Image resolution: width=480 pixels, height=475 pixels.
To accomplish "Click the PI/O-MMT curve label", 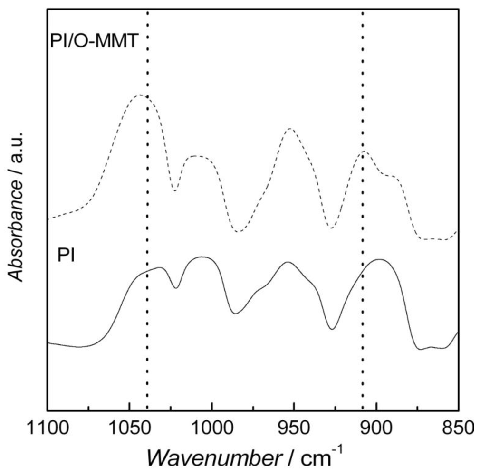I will point(94,42).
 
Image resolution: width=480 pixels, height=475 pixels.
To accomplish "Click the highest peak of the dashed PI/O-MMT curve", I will point(140,95).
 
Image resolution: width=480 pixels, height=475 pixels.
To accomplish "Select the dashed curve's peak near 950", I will point(289,129).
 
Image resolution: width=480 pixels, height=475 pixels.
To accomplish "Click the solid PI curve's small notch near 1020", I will point(176,288).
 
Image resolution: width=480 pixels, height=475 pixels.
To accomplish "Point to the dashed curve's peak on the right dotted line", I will point(364,152).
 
